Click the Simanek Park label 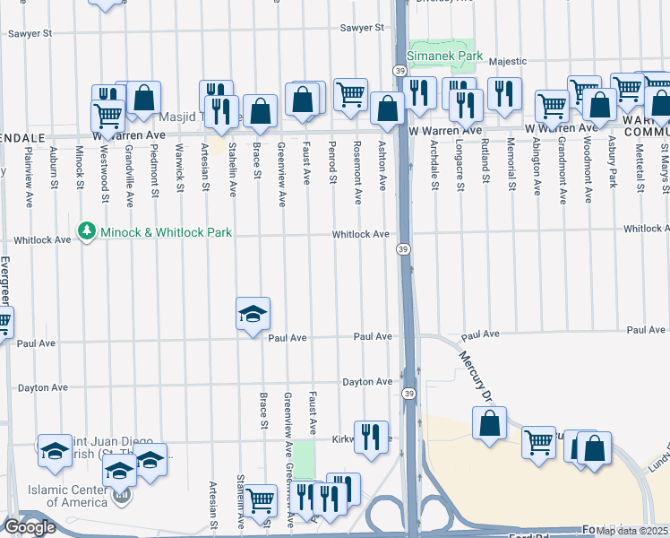[x=445, y=56]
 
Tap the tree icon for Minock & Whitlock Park [x=87, y=232]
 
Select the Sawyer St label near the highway [x=361, y=29]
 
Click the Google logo [x=30, y=526]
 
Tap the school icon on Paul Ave [x=253, y=315]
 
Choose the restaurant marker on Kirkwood [x=371, y=437]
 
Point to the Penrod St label [x=332, y=161]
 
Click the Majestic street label [x=508, y=61]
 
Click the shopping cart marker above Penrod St [x=350, y=94]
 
